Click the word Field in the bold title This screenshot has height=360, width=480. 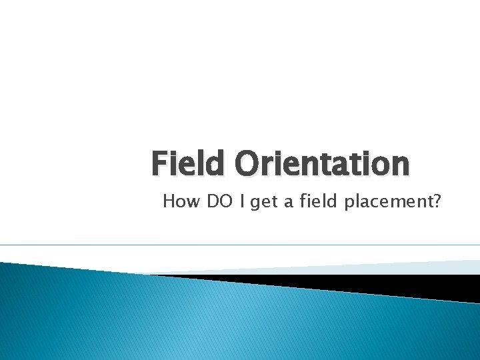pyautogui.click(x=189, y=163)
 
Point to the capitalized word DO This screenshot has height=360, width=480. pyautogui.click(x=220, y=201)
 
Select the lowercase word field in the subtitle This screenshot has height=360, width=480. pyautogui.click(x=318, y=201)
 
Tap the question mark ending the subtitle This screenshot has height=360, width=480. pyautogui.click(x=437, y=201)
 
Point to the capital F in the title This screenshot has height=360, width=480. pyautogui.click(x=158, y=163)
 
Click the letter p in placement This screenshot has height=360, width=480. pyautogui.click(x=349, y=203)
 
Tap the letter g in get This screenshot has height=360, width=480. pyautogui.click(x=255, y=203)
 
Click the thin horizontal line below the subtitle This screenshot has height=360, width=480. pyautogui.click(x=240, y=245)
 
